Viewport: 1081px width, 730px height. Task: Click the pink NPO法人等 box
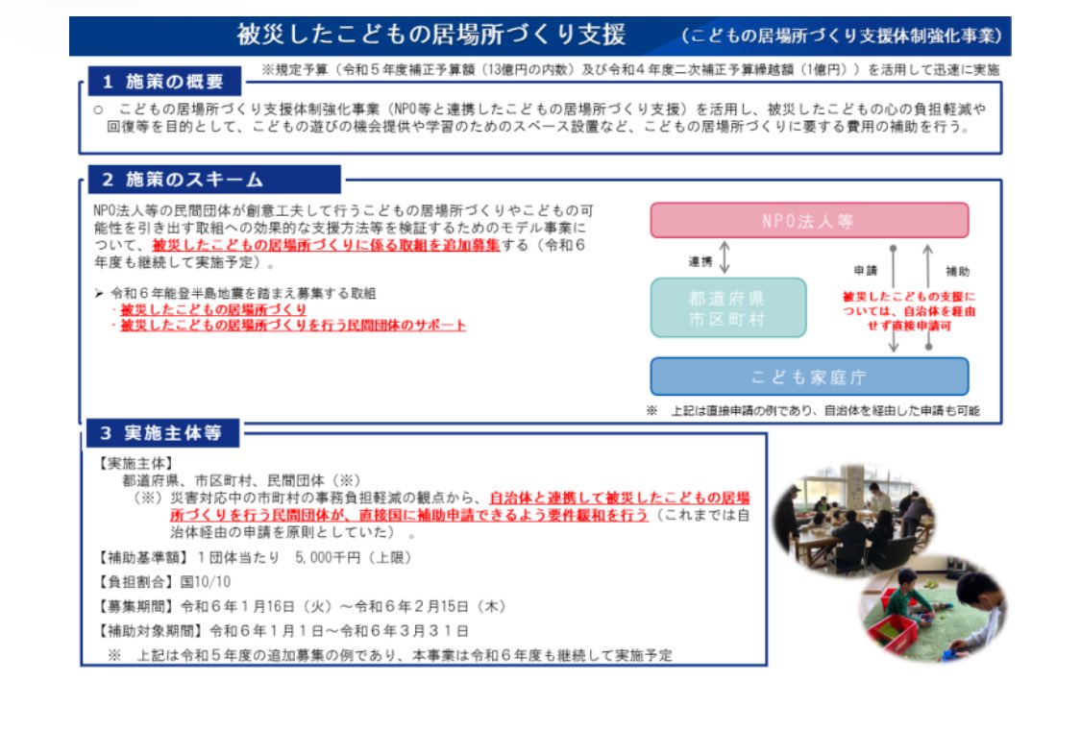tap(808, 220)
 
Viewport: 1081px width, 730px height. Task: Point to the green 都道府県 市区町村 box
tap(727, 307)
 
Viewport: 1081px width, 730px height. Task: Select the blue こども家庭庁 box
tap(808, 377)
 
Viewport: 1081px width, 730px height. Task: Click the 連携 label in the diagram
tap(700, 260)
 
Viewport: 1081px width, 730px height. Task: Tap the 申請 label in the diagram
tap(864, 271)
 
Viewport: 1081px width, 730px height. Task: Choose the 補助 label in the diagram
tap(956, 271)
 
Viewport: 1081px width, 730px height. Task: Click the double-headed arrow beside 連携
tap(725, 257)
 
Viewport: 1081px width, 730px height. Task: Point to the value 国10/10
tap(206, 581)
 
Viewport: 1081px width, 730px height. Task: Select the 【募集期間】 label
tap(137, 606)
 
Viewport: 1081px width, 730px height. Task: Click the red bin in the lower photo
tap(893, 635)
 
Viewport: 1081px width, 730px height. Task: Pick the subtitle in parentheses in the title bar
tap(842, 36)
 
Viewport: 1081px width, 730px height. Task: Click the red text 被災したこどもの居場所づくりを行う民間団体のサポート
tap(293, 326)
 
